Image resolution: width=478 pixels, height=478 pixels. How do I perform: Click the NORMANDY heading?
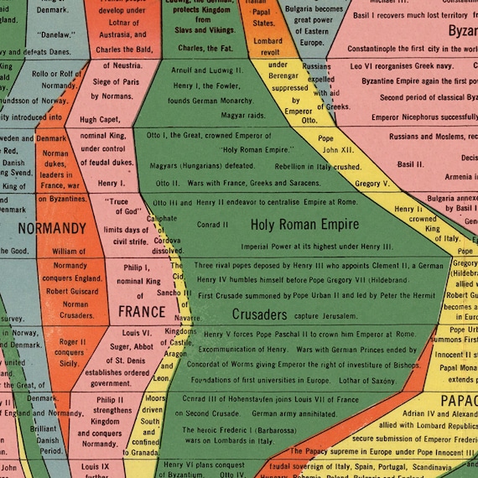click(x=51, y=228)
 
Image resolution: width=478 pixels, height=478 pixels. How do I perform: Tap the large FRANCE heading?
click(x=141, y=312)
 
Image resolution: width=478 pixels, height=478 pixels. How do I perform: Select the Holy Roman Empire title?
click(x=308, y=224)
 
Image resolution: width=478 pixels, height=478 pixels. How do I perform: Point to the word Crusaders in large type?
click(x=259, y=314)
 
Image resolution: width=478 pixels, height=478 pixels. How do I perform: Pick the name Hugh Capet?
click(x=100, y=120)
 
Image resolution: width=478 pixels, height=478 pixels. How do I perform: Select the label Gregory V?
click(x=372, y=183)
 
